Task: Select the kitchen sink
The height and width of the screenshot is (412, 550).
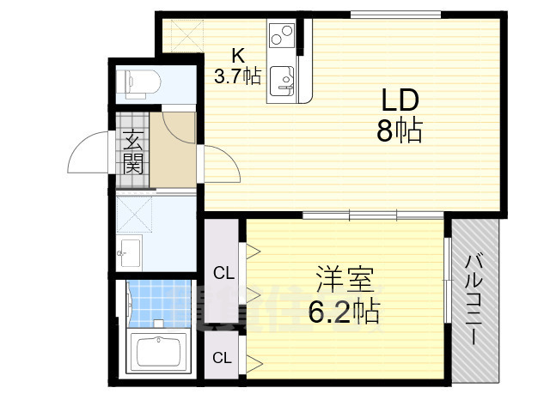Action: tap(283, 82)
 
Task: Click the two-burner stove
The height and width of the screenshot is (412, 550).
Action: tap(282, 37)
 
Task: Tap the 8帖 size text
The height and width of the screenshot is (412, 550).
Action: tap(398, 131)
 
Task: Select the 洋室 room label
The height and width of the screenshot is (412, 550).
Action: tap(344, 281)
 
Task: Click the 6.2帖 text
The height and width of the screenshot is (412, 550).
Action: tap(344, 312)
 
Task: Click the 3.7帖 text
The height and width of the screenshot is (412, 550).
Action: tap(237, 76)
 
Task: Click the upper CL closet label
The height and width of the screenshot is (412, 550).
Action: tap(223, 274)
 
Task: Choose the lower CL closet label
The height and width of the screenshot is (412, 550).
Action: tap(222, 356)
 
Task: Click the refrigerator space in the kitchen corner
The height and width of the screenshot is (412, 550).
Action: tap(181, 34)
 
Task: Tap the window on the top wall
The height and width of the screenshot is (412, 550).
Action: tap(394, 14)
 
